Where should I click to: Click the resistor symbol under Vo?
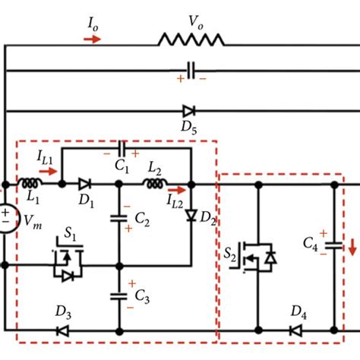click(x=191, y=39)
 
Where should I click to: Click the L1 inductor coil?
click(x=31, y=184)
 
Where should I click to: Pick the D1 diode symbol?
click(x=84, y=184)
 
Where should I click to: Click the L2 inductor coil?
click(x=154, y=184)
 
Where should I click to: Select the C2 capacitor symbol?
click(x=118, y=218)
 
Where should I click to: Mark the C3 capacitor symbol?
click(x=118, y=295)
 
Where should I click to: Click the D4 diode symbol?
click(x=295, y=331)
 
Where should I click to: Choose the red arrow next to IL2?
click(x=176, y=190)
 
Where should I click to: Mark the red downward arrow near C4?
click(x=352, y=248)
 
